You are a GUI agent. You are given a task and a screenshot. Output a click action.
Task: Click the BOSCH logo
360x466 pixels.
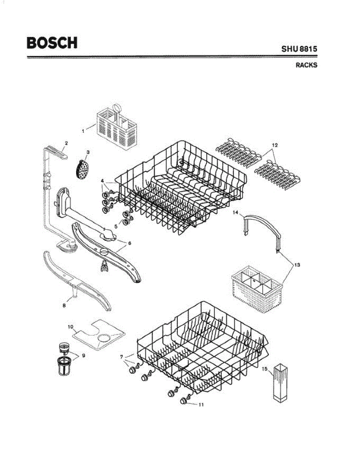(x=52, y=42)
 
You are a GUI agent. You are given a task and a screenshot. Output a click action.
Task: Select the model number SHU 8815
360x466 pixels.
(x=299, y=49)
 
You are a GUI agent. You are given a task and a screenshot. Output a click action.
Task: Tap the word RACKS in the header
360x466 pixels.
(x=306, y=65)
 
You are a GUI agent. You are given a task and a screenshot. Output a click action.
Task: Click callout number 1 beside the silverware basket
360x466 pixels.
(x=83, y=131)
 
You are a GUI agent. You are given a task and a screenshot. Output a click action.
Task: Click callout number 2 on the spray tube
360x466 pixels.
(x=66, y=143)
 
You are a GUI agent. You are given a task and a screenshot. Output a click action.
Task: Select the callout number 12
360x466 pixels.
(x=275, y=145)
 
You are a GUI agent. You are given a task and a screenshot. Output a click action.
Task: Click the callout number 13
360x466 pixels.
(x=297, y=265)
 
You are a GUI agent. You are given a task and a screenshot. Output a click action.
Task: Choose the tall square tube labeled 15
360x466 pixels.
(x=280, y=383)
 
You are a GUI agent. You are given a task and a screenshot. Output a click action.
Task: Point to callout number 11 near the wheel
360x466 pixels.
(x=201, y=404)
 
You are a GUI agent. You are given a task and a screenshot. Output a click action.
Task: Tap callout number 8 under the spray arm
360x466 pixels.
(x=64, y=305)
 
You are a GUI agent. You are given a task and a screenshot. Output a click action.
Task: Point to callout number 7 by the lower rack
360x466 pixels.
(x=121, y=356)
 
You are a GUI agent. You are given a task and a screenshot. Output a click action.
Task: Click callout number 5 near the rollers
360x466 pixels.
(x=115, y=226)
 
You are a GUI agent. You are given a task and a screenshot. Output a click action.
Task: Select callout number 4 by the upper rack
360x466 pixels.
(x=102, y=181)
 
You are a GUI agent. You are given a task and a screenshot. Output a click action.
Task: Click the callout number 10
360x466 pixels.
(x=71, y=327)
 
